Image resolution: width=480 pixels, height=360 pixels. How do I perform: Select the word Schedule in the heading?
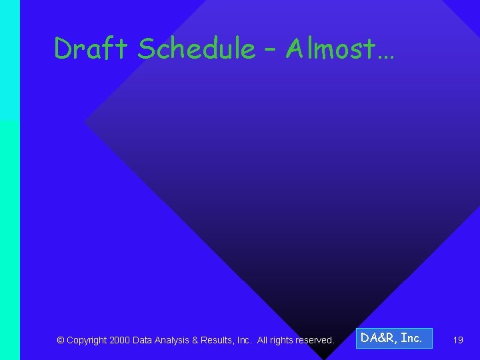(195, 49)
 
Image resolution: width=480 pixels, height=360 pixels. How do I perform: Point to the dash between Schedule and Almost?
(270, 49)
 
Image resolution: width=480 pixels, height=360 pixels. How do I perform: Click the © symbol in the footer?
(61, 340)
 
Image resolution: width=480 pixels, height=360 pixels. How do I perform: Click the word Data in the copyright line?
(143, 340)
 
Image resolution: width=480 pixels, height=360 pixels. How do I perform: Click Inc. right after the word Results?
(243, 340)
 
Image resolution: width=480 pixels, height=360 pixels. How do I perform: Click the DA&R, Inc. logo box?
(393, 339)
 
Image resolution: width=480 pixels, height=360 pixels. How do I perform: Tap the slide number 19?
(458, 340)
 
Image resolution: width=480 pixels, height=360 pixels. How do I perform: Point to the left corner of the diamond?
(87, 122)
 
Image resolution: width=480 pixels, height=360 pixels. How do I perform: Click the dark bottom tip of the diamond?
(325, 353)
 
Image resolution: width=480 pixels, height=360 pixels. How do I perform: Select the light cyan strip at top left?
(9, 60)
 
